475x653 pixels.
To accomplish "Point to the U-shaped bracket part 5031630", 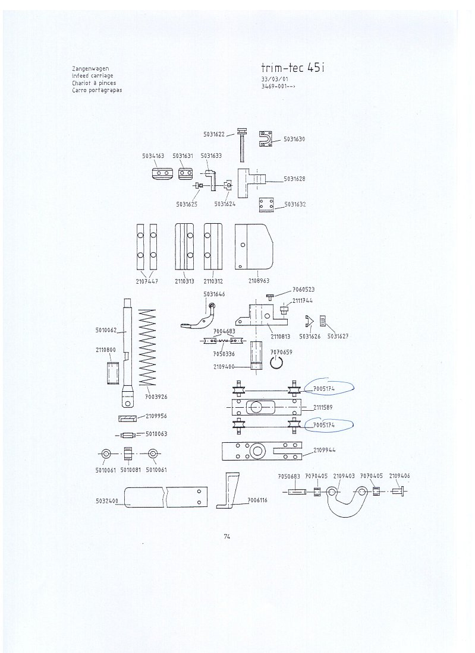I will click(269, 139).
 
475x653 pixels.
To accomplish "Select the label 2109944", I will click(323, 450).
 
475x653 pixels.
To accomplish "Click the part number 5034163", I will click(153, 156).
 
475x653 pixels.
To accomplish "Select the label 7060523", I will click(304, 289).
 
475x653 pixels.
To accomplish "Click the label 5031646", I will click(214, 293).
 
